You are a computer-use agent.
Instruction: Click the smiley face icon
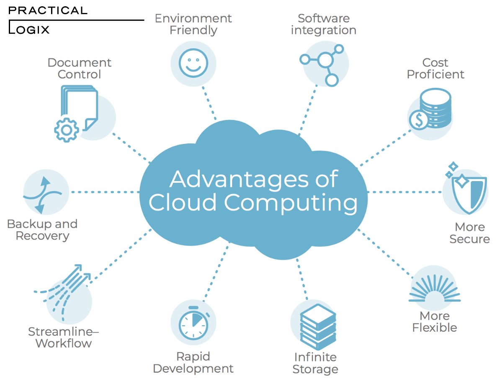coord(193,64)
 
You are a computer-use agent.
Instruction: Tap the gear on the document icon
coord(66,130)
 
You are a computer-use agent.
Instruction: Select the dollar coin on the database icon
coord(419,120)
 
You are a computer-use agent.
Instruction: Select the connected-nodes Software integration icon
coord(325,63)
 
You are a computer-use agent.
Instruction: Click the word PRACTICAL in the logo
coord(48,10)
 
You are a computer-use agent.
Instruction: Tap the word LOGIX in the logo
coord(31,30)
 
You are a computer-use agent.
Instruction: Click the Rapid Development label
coord(193,363)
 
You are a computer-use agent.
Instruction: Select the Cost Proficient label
coord(435,69)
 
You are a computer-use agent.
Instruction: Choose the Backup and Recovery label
coord(42,230)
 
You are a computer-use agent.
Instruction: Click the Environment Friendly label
coord(193,24)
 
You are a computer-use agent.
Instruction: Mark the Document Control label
coord(80,69)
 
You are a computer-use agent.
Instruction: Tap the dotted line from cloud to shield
coord(404,192)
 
